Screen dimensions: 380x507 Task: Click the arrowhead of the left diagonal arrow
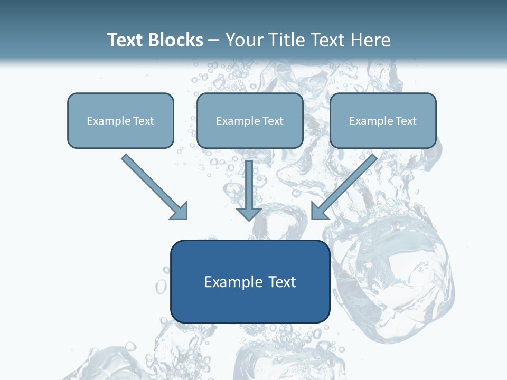179,211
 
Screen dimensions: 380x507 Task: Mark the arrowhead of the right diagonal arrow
319,211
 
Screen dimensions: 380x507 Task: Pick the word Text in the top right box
406,121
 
